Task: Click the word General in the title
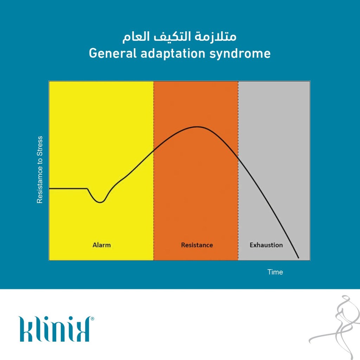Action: click(113, 53)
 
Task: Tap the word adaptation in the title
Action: click(173, 54)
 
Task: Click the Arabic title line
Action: click(179, 37)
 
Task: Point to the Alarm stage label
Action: click(102, 245)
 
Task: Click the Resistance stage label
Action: click(197, 245)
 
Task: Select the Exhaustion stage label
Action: click(266, 245)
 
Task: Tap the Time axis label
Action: click(275, 272)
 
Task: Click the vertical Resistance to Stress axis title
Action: click(40, 170)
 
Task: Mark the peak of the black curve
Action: click(197, 127)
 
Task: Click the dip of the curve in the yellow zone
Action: click(100, 202)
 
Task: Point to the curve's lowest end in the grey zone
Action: click(298, 258)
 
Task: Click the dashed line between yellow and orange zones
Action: click(154, 171)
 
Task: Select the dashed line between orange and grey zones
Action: click(238, 171)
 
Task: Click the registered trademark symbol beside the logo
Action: click(92, 318)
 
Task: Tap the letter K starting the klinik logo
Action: click(25, 329)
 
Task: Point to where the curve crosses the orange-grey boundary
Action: click(238, 157)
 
